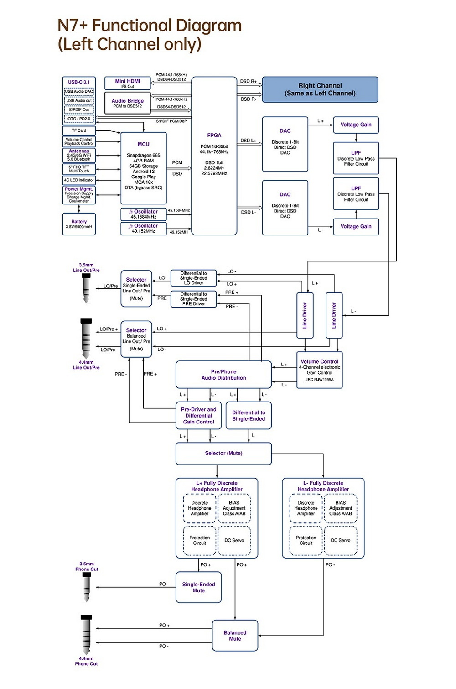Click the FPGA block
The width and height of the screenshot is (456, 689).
tap(214, 156)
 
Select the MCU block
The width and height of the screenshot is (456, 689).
tap(143, 168)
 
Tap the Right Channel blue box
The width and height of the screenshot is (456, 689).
tap(320, 89)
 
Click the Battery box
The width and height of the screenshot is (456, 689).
tap(79, 224)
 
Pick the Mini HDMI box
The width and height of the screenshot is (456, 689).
tap(127, 83)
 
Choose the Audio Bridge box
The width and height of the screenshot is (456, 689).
tap(127, 103)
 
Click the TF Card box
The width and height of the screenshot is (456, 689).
tap(79, 130)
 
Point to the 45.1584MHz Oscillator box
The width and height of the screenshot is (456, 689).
tap(143, 214)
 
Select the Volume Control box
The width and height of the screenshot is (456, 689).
tap(319, 370)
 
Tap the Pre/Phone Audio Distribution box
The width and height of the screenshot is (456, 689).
tap(223, 375)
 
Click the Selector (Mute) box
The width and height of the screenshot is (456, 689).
tap(223, 453)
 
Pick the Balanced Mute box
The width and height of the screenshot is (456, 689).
tap(235, 635)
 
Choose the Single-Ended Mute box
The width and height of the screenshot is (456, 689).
tap(198, 587)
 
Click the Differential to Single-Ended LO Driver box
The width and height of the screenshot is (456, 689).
tap(193, 278)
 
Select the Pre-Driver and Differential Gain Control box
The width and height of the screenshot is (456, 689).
tap(198, 415)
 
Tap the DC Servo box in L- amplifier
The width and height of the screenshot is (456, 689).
tap(341, 540)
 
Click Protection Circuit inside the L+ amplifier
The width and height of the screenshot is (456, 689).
tap(199, 540)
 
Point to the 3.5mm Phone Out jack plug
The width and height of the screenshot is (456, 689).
tap(87, 586)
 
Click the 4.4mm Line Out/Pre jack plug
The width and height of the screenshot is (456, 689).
tap(86, 339)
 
